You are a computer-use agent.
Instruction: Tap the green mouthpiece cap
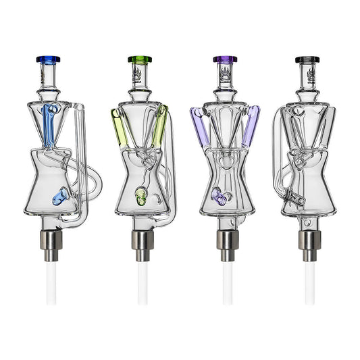point(138,59)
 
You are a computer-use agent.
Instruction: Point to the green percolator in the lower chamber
point(140,197)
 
